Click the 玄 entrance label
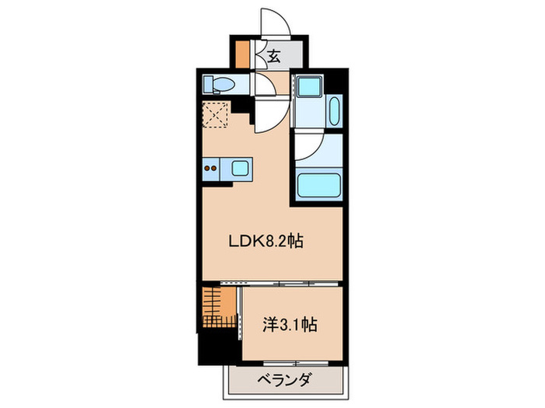[275, 55]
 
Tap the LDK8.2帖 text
[265, 242]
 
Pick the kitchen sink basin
[238, 166]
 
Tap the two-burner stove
[211, 166]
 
